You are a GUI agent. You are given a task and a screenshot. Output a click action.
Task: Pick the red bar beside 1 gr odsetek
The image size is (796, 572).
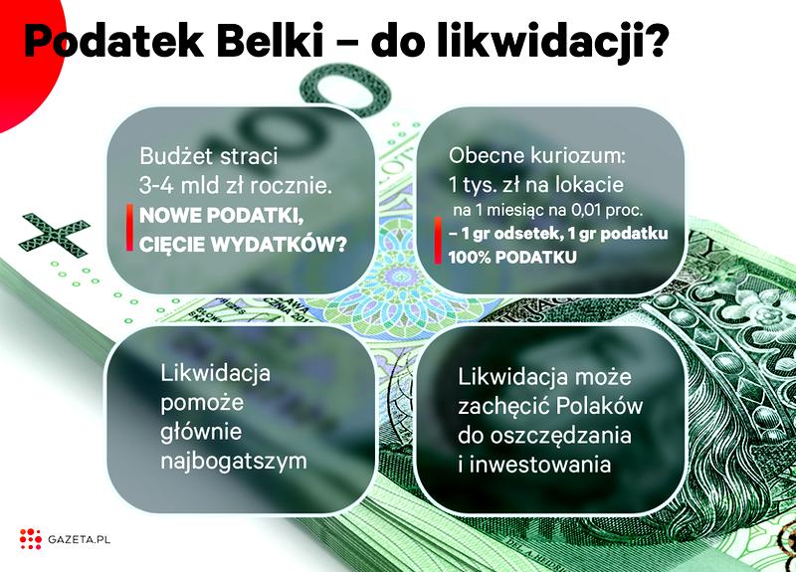(438, 245)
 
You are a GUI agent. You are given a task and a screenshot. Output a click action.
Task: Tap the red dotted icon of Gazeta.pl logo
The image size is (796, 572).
(30, 539)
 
